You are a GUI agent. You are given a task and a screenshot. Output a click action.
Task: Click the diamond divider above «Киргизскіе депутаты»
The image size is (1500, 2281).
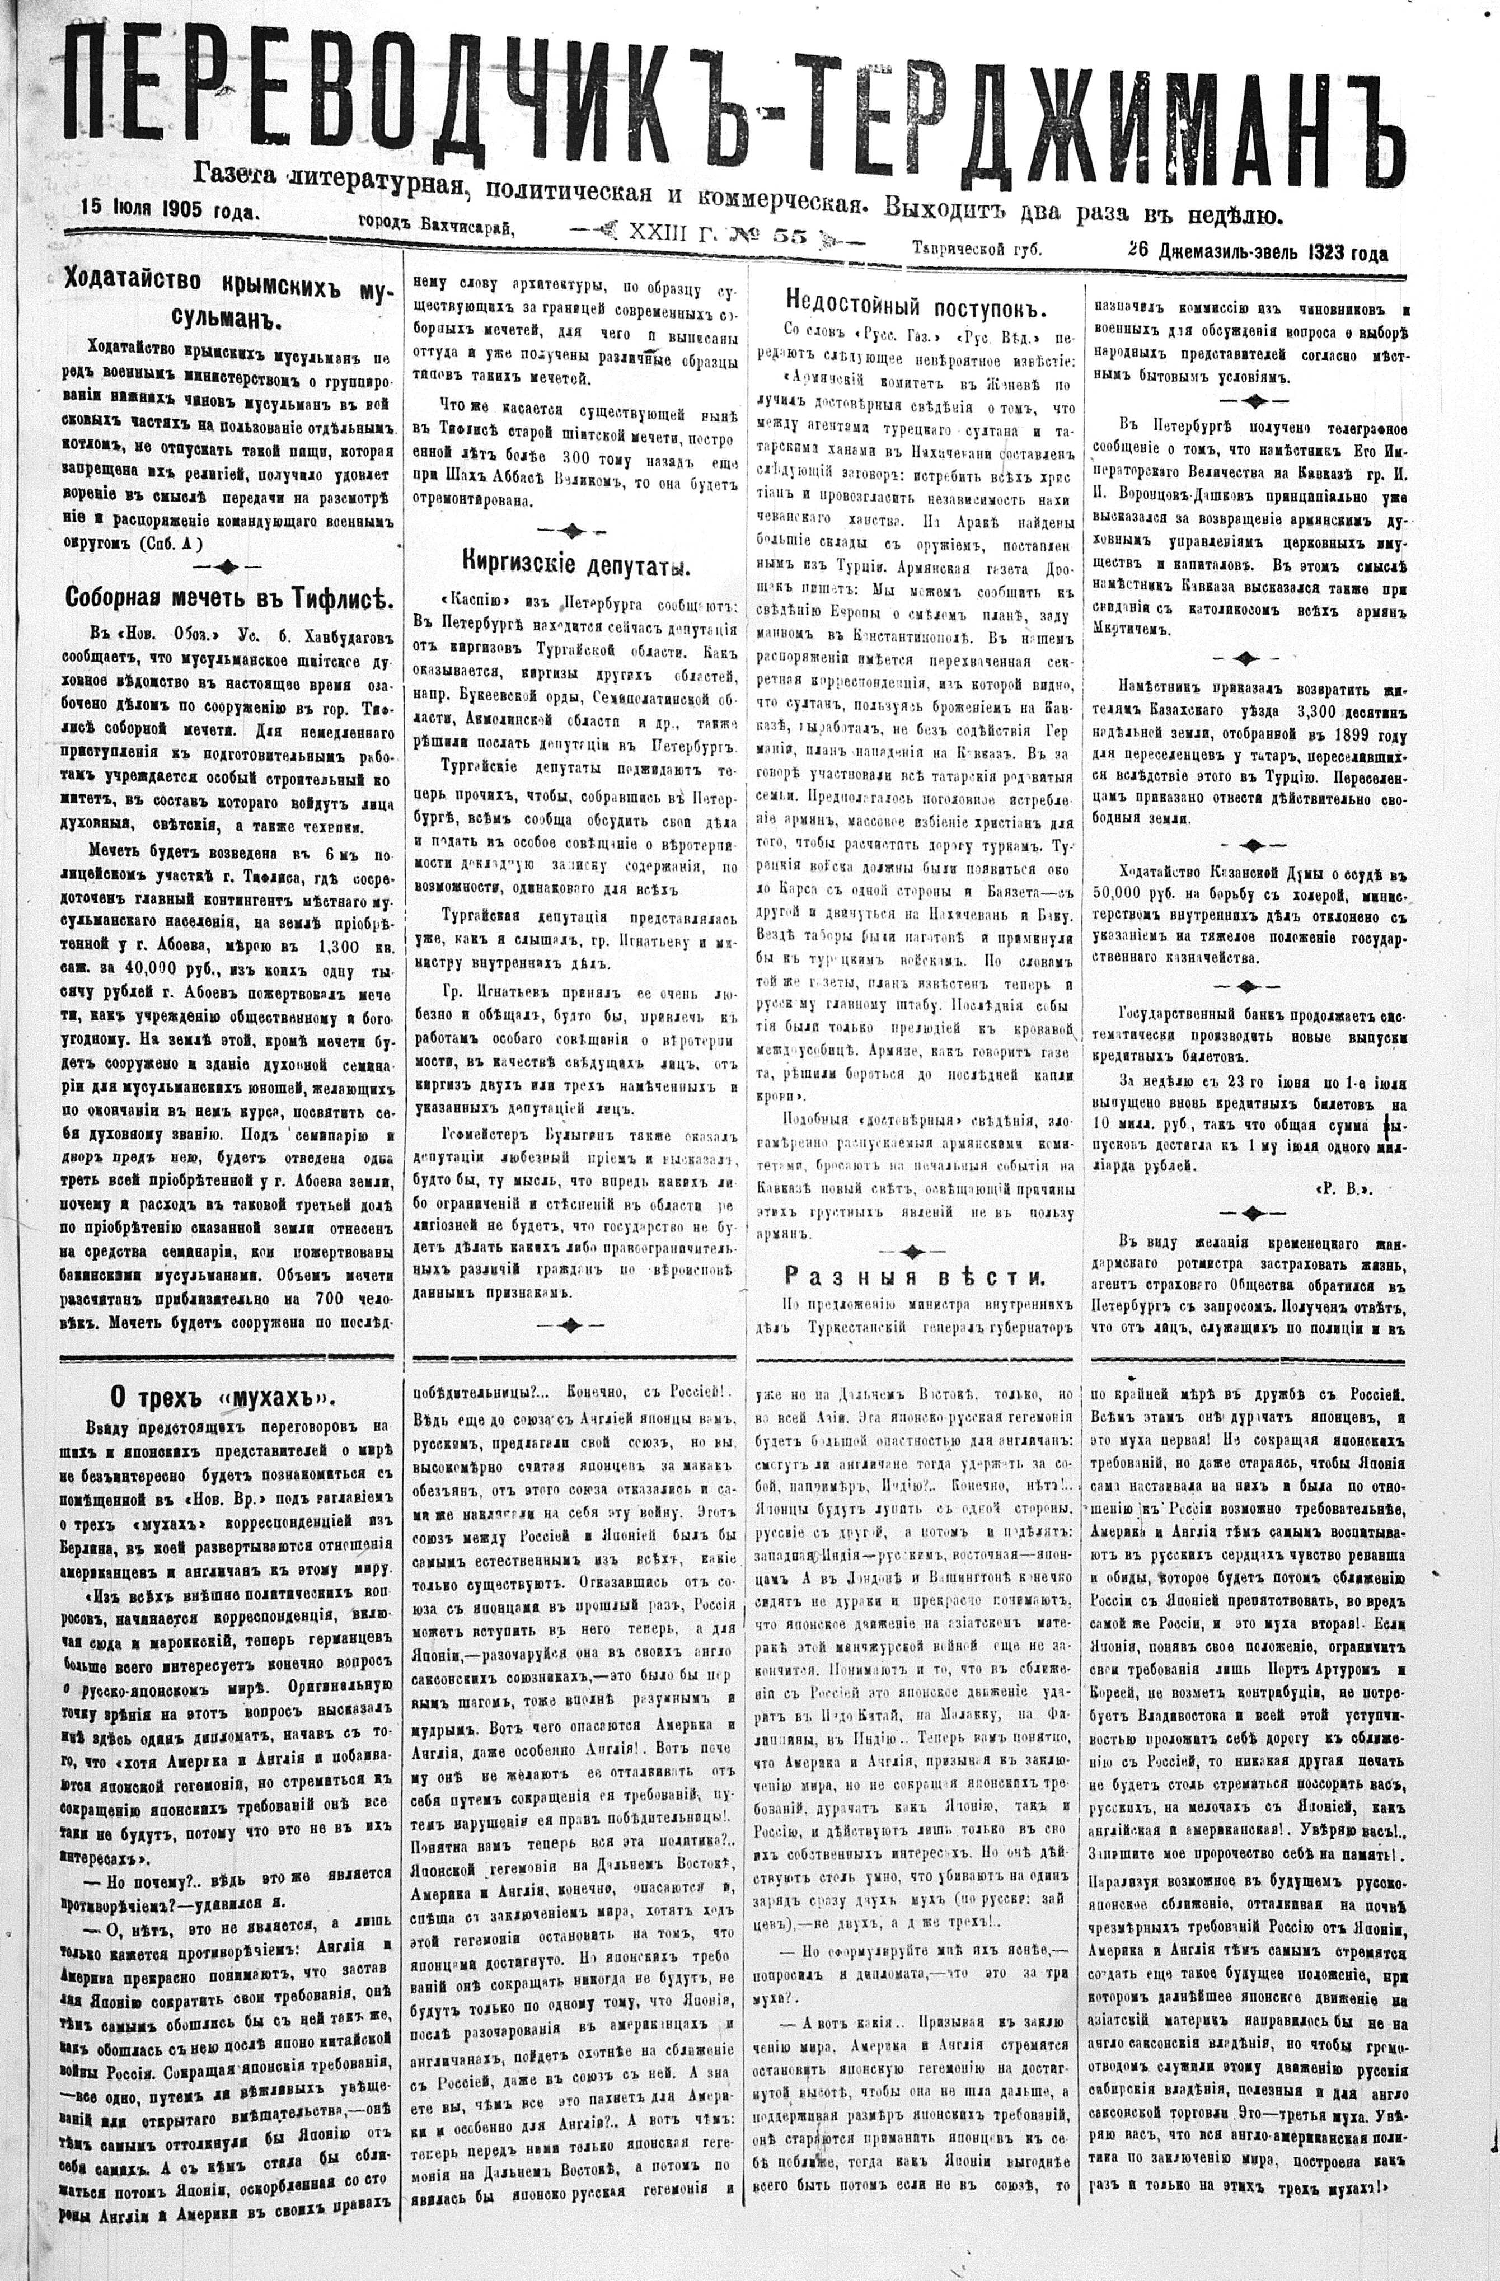571,529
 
